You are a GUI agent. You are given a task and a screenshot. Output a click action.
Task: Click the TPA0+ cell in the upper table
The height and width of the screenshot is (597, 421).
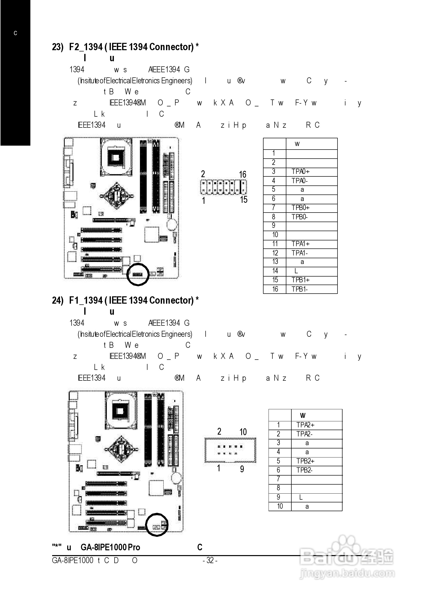click(x=300, y=172)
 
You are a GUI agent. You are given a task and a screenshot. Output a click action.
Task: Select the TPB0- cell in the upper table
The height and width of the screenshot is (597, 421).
click(x=299, y=217)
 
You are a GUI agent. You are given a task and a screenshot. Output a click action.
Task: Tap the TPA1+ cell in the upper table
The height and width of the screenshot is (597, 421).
click(x=300, y=244)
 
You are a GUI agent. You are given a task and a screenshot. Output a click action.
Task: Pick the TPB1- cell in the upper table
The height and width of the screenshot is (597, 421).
click(x=299, y=289)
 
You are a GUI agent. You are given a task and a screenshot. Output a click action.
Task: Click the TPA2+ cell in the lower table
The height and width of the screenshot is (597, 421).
click(x=305, y=425)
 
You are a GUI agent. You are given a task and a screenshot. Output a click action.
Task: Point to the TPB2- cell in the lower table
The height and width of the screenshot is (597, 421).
click(x=304, y=470)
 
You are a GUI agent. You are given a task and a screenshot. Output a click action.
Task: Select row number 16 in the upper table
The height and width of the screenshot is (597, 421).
click(x=275, y=289)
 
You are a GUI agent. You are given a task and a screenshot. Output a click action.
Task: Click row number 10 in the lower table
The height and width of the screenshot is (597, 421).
click(x=280, y=506)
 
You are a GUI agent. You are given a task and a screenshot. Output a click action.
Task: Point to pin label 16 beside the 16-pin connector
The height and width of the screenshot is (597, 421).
click(x=242, y=174)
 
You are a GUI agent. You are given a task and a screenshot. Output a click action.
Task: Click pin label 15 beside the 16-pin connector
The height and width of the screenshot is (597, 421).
click(x=243, y=200)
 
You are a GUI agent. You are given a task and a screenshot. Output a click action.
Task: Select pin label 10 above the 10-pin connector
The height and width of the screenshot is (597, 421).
click(x=243, y=432)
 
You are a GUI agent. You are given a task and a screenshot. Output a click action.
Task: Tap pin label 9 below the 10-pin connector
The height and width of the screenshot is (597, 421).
click(x=242, y=469)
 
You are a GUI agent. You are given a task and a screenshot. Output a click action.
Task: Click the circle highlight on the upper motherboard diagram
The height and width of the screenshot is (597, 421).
click(x=138, y=274)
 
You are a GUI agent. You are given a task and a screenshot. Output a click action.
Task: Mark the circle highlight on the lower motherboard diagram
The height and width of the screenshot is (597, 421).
click(x=157, y=525)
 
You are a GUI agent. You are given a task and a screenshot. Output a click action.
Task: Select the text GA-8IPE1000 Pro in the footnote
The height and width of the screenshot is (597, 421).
click(x=110, y=547)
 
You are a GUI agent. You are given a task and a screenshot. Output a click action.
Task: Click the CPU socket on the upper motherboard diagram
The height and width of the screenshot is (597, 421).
click(x=116, y=157)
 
